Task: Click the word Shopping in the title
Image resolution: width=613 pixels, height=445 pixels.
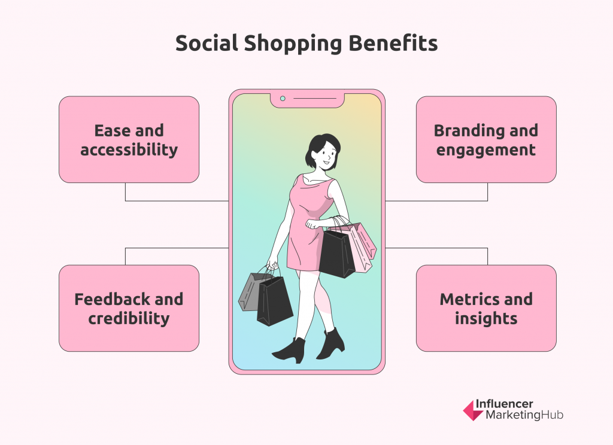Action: click(x=293, y=44)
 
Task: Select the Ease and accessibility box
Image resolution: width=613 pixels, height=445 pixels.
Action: click(x=129, y=139)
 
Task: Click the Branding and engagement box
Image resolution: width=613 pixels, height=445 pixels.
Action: click(x=486, y=139)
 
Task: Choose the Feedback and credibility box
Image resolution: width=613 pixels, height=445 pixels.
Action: click(x=129, y=308)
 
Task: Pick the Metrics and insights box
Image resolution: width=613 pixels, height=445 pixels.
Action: click(x=486, y=308)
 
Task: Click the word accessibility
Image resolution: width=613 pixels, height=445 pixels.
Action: click(x=129, y=150)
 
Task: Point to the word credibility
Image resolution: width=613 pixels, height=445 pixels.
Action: click(x=129, y=318)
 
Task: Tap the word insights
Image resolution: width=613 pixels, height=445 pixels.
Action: click(x=486, y=318)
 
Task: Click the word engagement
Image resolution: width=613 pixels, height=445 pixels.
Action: click(x=486, y=150)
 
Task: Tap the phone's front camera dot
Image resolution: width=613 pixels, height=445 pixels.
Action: click(x=283, y=99)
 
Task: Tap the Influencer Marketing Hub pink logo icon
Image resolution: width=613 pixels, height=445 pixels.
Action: click(x=472, y=410)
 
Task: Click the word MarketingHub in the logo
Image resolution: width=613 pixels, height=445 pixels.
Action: click(x=524, y=415)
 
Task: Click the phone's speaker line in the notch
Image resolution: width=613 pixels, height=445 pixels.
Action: click(x=315, y=99)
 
